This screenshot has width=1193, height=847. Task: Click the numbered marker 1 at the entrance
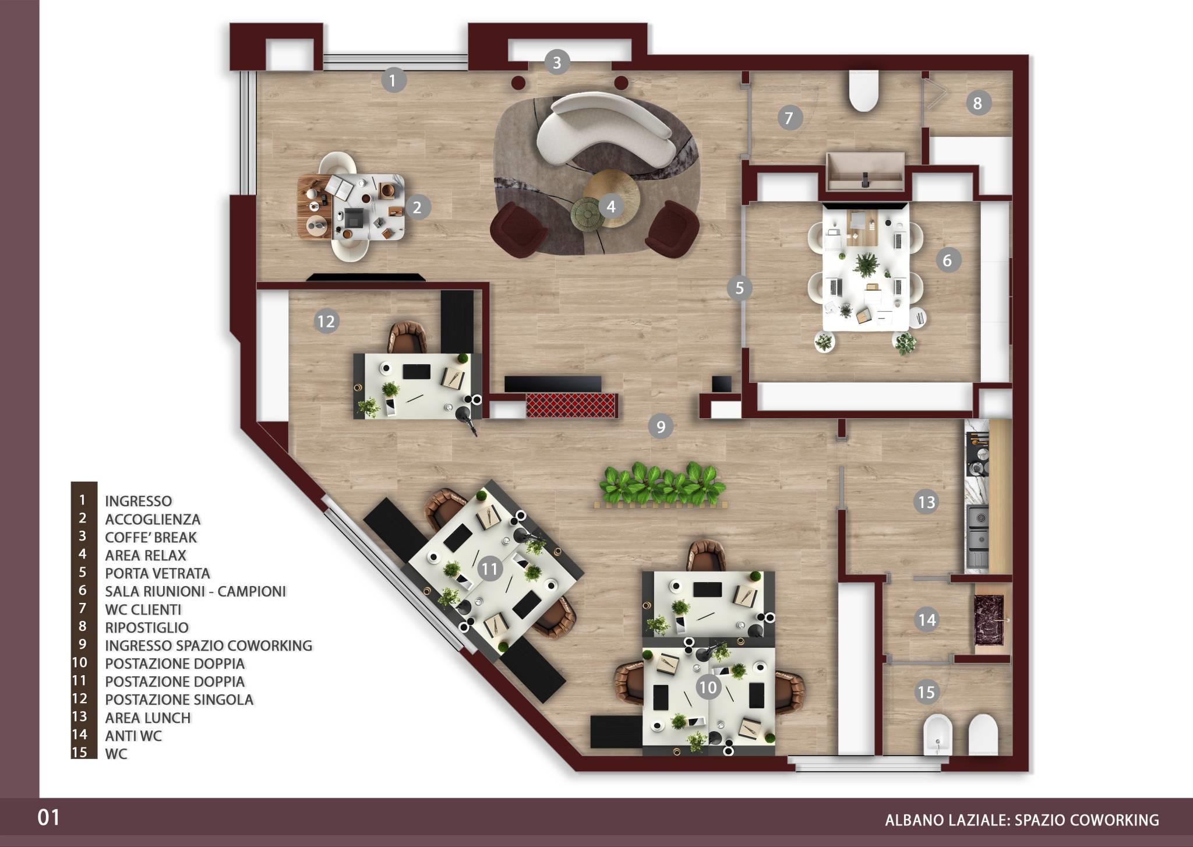tap(393, 80)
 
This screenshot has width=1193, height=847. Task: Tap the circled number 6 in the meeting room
tap(947, 260)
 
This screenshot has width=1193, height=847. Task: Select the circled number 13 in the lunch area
tap(927, 502)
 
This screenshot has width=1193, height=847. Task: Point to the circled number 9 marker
tap(661, 427)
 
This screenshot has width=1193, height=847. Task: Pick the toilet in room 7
tap(864, 90)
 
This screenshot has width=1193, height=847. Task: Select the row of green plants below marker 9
tap(660, 484)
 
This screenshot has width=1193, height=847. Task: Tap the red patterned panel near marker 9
tap(571, 405)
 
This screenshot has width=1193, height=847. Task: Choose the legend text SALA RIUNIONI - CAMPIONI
tap(196, 591)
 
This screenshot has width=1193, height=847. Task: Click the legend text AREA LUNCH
tap(148, 718)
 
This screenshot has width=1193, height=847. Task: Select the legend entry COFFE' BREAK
tap(151, 537)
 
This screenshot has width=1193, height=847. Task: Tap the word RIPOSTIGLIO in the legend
tap(147, 627)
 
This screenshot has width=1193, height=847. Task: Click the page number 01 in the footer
tap(49, 818)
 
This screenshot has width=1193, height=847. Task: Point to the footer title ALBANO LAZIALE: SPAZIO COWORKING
tap(1022, 820)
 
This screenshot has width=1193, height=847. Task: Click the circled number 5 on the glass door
tap(739, 288)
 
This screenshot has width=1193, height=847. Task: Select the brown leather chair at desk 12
tap(408, 338)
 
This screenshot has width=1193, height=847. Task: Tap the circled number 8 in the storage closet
tap(977, 103)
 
